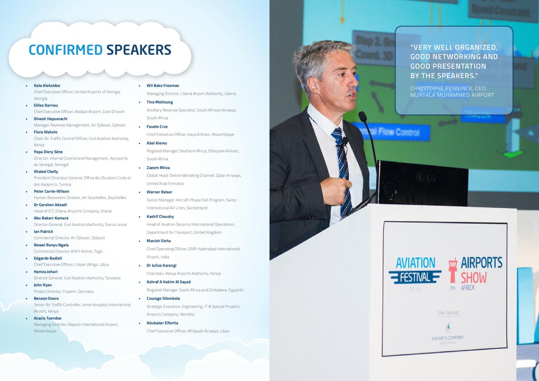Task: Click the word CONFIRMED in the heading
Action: [66, 50]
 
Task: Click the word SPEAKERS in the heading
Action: [139, 50]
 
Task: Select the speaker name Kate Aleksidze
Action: [47, 85]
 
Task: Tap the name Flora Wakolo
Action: [45, 132]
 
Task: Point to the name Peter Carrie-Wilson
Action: [51, 191]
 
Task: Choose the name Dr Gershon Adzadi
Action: [50, 205]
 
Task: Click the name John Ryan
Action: [43, 285]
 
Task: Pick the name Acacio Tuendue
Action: [48, 318]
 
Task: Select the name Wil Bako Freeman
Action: [163, 85]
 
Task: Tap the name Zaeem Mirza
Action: [158, 167]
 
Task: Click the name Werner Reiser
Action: [159, 192]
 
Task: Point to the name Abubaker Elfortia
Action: [162, 323]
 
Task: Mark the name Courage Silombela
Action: [163, 298]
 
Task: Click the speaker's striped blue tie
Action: [342, 171]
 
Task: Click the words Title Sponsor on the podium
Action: [448, 312]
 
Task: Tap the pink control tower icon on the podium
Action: [452, 270]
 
